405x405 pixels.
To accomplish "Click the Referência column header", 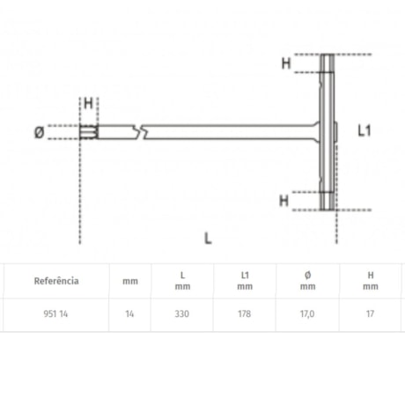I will coord(56,281).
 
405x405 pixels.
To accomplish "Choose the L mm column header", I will coord(182,281).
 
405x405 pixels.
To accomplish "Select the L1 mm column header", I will coord(245,281).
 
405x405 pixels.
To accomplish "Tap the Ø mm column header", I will coord(306,281).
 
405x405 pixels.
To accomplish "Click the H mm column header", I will coord(371,281).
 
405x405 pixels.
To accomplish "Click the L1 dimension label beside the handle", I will coord(366,130).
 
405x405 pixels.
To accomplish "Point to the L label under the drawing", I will coord(208,238).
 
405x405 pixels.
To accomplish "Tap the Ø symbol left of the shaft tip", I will coord(38,133).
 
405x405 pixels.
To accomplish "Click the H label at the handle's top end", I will coord(285,63).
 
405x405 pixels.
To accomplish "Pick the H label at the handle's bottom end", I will coord(284,200).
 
